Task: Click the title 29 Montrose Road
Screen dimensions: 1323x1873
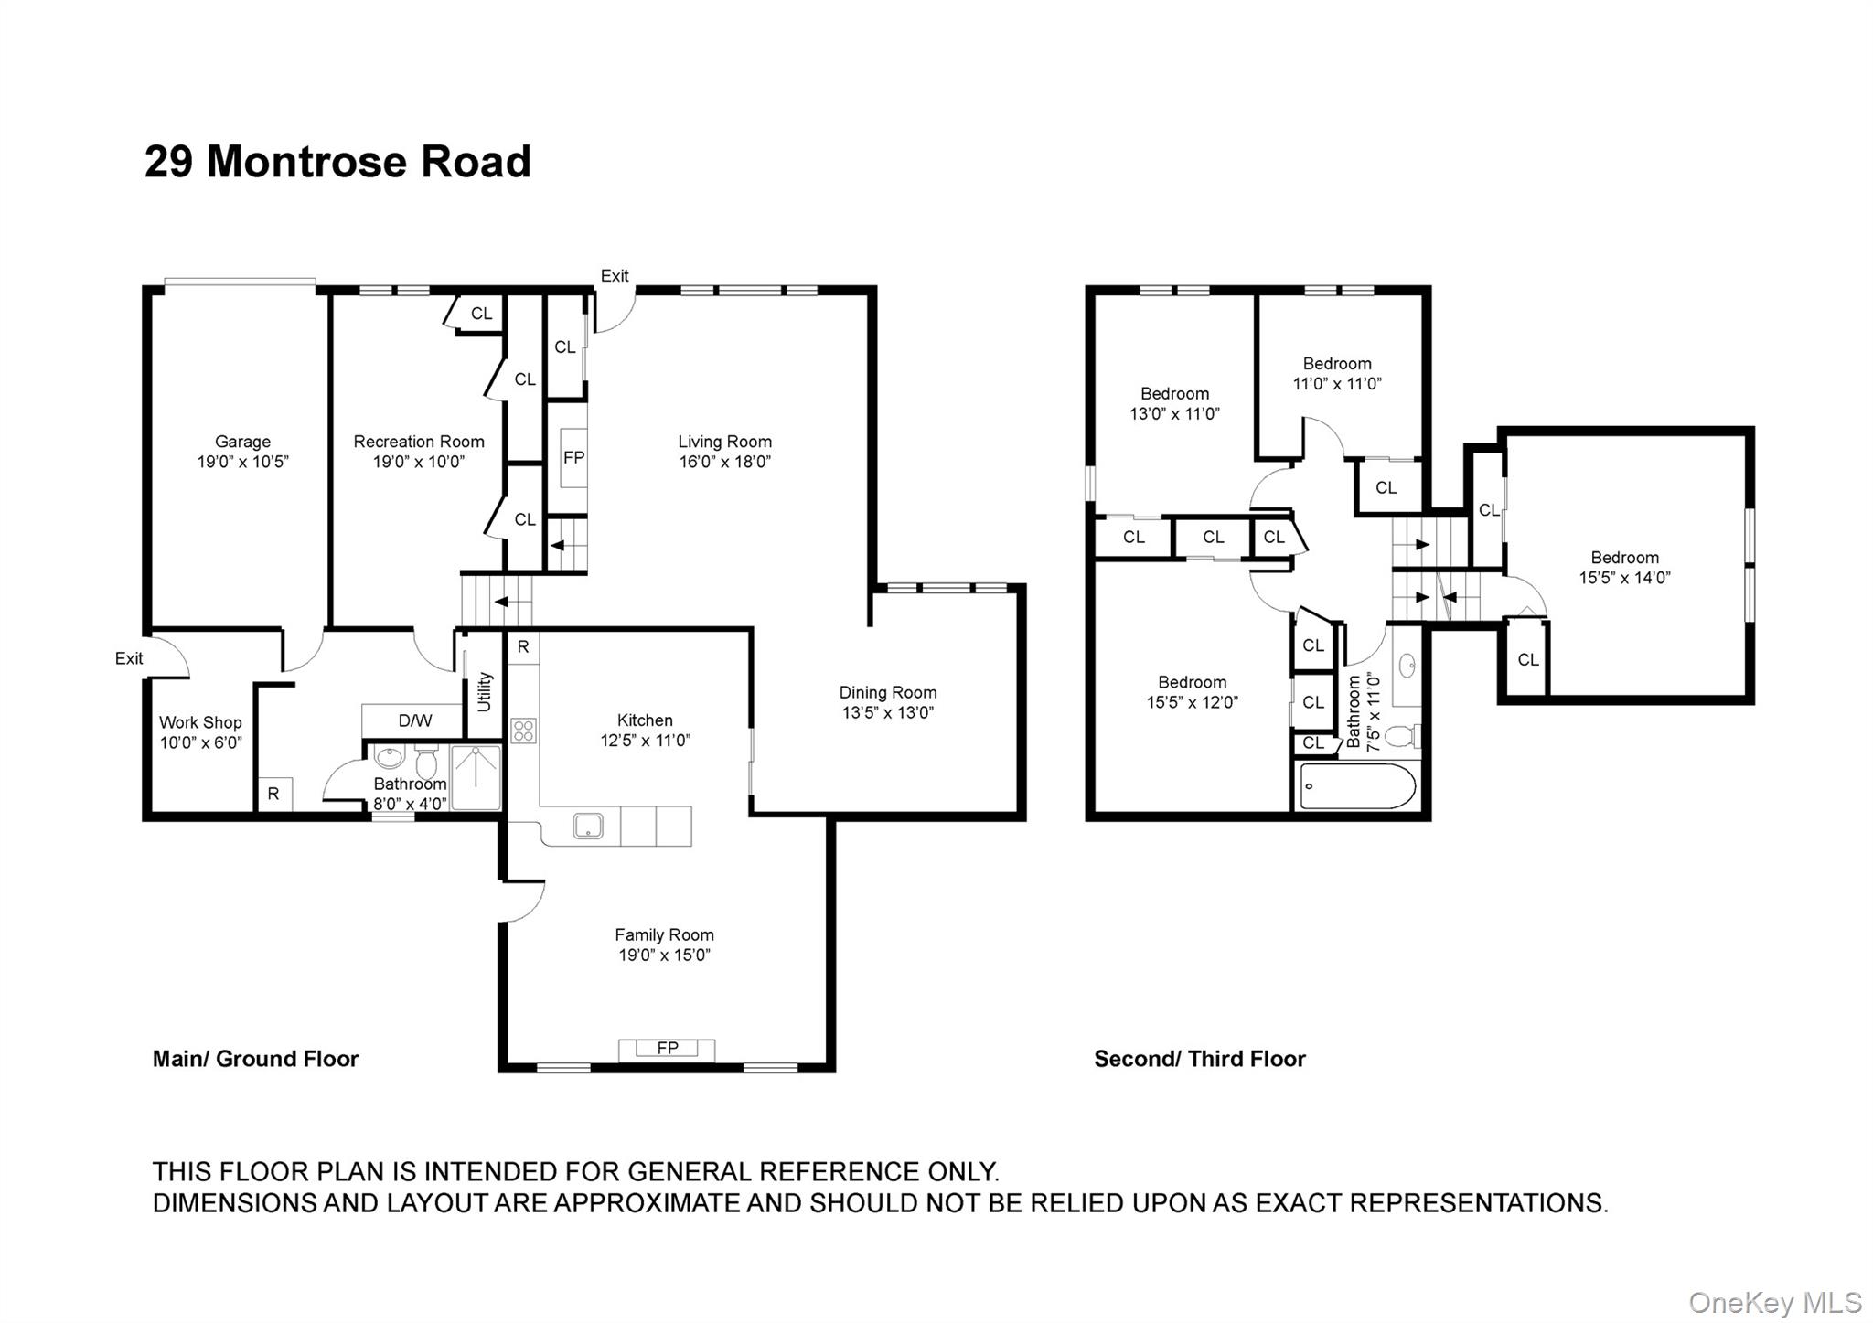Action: click(x=337, y=162)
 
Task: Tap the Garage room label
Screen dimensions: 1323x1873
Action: click(x=242, y=442)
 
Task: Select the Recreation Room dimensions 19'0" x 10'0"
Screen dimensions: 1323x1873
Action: click(x=419, y=462)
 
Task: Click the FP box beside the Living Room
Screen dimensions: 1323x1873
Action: click(x=573, y=458)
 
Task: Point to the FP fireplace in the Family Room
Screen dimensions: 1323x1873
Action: click(x=667, y=1048)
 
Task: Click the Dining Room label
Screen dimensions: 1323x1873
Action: click(x=887, y=692)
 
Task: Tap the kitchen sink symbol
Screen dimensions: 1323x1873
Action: click(x=587, y=827)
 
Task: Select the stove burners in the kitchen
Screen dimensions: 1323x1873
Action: click(x=523, y=731)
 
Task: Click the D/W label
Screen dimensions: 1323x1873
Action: click(x=414, y=720)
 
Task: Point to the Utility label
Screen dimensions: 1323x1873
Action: click(x=485, y=692)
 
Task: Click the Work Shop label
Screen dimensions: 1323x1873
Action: click(x=200, y=722)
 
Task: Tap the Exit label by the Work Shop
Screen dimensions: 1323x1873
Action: click(x=129, y=658)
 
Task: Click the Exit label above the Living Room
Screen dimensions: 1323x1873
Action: click(x=615, y=275)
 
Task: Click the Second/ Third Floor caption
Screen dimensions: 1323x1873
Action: click(x=1199, y=1059)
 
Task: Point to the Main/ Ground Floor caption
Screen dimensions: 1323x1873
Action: click(x=255, y=1059)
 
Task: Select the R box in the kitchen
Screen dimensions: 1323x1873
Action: click(x=523, y=647)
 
